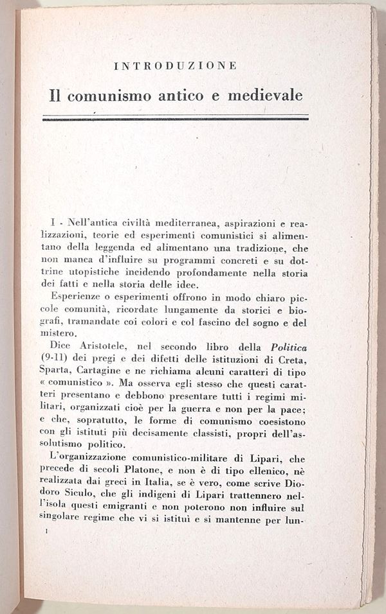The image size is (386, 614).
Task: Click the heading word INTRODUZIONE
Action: point(176,66)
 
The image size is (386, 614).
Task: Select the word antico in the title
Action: point(177,96)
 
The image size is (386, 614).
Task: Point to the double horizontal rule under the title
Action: point(176,118)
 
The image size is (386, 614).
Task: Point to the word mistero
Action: point(62,333)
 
